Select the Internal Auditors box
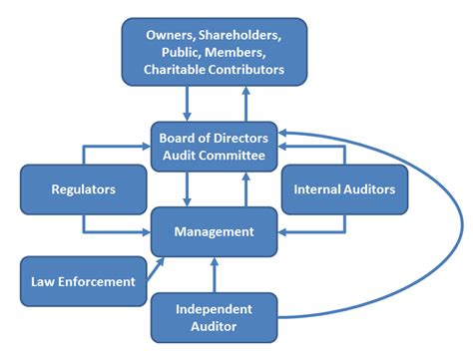pos(344,188)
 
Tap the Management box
pos(214,231)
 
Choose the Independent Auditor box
pos(213,317)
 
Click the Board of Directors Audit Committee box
pos(214,145)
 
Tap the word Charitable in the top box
pos(180,70)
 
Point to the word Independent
pos(213,308)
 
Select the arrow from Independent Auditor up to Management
pos(214,274)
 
